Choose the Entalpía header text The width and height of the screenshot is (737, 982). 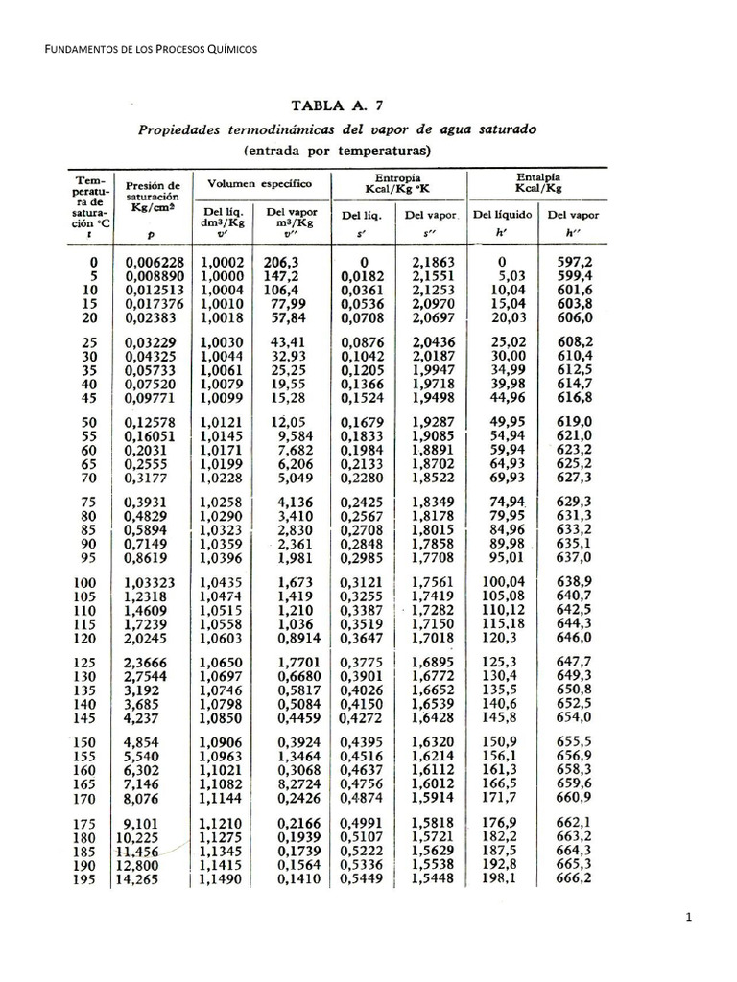(537, 177)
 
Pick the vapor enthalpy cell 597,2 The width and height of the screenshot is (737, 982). (574, 262)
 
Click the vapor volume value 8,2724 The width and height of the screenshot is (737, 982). (288, 783)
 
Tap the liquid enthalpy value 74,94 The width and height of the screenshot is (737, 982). (503, 502)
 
